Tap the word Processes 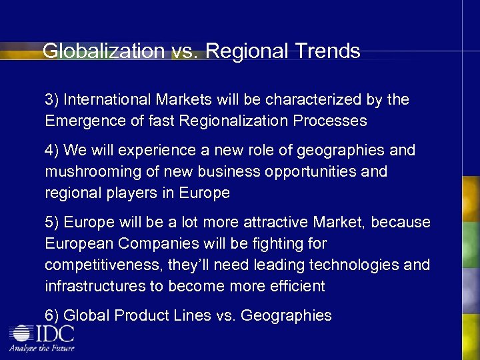point(331,121)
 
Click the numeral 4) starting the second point point(53,151)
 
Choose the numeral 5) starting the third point point(53,223)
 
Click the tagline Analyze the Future point(42,348)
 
